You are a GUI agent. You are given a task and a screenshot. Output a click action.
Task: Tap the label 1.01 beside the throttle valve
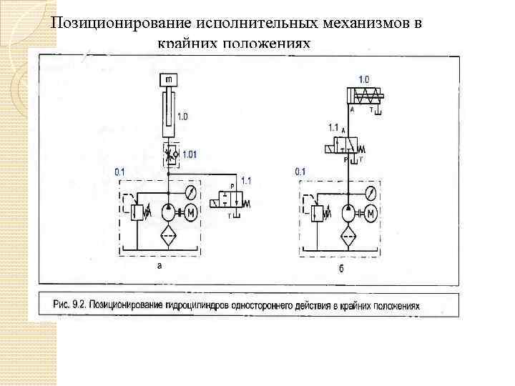[x=191, y=154]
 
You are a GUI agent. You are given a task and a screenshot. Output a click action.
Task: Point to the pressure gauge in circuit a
[x=190, y=193]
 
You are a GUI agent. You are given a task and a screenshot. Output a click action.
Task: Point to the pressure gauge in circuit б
[x=370, y=193]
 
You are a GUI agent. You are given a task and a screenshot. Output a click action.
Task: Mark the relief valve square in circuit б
[x=318, y=214]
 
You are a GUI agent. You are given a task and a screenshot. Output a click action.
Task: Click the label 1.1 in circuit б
[x=334, y=127]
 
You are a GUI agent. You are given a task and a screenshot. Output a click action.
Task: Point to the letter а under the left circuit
[x=160, y=264]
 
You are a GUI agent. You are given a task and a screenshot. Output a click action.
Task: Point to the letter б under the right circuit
[x=341, y=266]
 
